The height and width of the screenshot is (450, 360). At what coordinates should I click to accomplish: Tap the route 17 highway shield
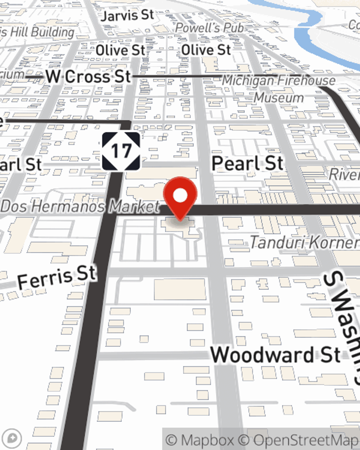coord(121,151)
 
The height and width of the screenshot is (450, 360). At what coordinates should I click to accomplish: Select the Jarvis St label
coord(128,16)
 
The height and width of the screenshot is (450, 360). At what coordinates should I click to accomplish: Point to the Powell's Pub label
coord(210,28)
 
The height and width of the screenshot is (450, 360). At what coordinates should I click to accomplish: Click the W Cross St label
coord(89,77)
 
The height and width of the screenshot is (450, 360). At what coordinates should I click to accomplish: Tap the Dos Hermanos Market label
coord(80,207)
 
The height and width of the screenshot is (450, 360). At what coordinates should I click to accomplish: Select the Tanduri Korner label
coord(305,242)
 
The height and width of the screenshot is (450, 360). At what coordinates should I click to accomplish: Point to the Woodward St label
coord(275,355)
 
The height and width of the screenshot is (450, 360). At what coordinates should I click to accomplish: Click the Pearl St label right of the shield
coord(248,163)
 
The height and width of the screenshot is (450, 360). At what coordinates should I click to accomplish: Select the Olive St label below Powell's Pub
coord(206,50)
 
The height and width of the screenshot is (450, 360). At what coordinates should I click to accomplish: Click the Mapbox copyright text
coord(200,440)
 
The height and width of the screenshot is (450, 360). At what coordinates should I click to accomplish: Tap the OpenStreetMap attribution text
coord(306,440)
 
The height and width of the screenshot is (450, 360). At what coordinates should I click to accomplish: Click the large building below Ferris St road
coord(180,289)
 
